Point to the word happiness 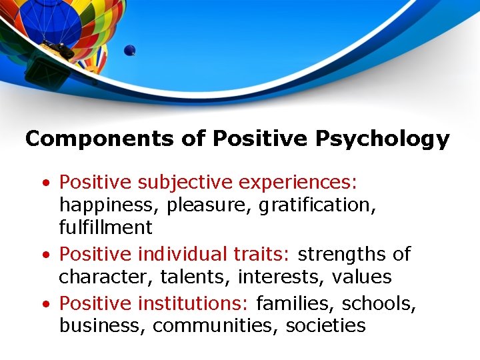point(110,205)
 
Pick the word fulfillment point(105,227)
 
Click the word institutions point(193,303)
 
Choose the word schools point(379,303)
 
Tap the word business point(103,325)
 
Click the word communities point(217,325)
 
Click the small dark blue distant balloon point(129,50)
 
